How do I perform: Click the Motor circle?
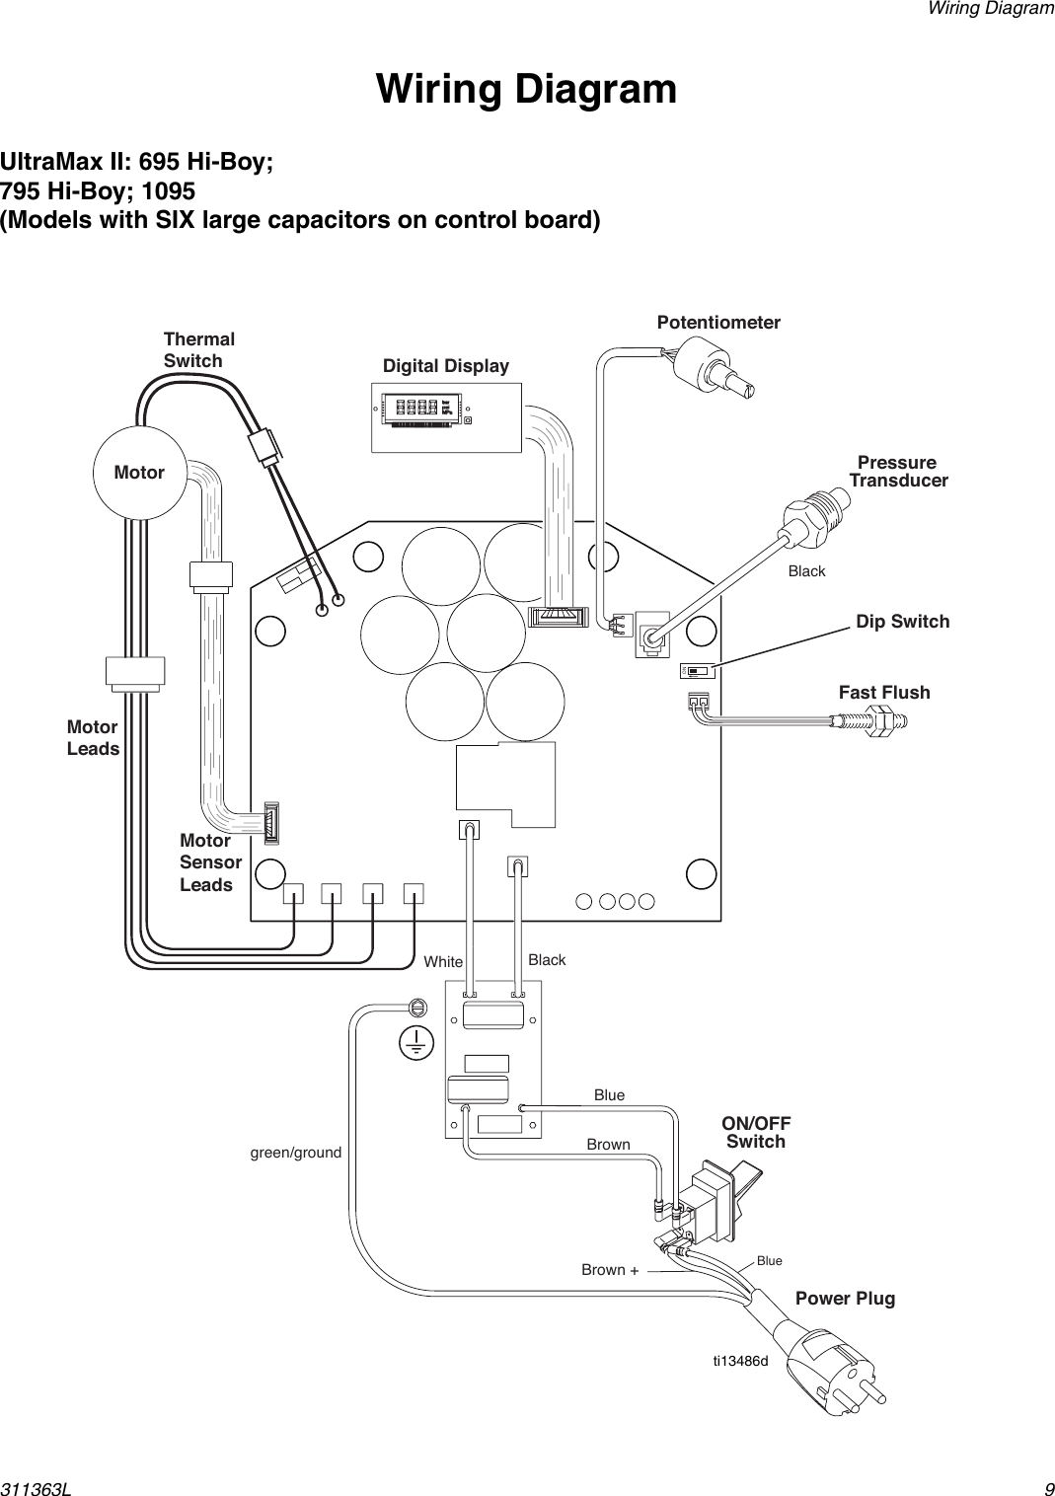139,473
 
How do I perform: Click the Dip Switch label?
902,621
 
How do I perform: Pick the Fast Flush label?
883,692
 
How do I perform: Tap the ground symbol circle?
415,1042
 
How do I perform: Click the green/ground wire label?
296,1152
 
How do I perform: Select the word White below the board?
443,961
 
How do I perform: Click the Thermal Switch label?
198,350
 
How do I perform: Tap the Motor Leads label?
93,738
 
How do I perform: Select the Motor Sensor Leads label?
210,862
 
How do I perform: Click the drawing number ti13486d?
740,1361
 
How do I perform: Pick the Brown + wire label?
609,1269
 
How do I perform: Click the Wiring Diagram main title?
526,89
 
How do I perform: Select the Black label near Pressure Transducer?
806,571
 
